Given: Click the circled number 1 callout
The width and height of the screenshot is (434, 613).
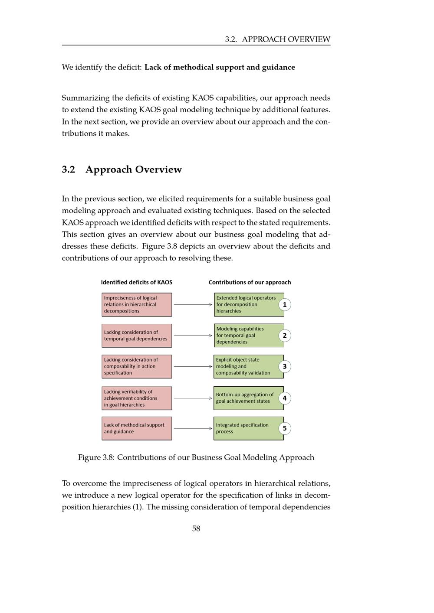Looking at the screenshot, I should (285, 304).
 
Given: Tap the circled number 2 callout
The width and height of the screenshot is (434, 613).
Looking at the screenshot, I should (285, 336).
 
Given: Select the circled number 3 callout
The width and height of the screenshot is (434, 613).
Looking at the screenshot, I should (285, 366).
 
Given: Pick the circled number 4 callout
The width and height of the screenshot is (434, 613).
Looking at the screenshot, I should (285, 398).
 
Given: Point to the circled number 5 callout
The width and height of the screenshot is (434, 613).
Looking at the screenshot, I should (285, 428).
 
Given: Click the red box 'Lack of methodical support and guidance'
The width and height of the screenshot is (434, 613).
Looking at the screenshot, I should (137, 428).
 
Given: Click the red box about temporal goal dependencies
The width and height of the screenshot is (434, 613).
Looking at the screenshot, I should (137, 336).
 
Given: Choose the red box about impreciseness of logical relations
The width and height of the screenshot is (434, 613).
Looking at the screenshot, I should (137, 304).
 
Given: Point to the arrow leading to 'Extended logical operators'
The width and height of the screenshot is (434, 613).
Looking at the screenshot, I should (193, 305).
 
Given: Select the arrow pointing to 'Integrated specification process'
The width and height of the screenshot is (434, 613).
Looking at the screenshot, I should (193, 428).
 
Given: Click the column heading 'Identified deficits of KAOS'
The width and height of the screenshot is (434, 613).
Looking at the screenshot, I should (137, 282).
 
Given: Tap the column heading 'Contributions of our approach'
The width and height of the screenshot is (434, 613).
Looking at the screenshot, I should (250, 282).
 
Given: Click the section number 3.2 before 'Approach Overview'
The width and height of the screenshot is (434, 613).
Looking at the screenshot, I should (69, 170).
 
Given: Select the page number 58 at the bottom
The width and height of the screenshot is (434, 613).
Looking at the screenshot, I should (196, 528).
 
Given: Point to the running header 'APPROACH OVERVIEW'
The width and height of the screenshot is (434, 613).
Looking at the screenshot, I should (286, 39).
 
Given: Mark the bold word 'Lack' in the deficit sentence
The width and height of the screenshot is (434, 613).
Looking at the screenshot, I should (154, 67).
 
